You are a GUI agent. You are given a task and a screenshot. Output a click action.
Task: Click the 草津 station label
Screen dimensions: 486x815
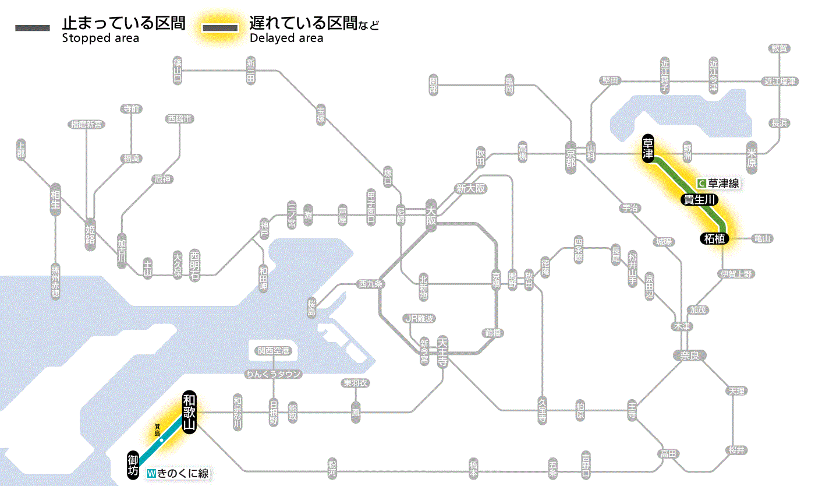(648, 149)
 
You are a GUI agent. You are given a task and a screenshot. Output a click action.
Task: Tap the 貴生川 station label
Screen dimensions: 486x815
(699, 200)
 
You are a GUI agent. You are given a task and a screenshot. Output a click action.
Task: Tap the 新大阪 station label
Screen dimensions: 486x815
(471, 188)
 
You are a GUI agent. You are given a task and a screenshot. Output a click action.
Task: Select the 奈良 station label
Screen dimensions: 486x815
(689, 355)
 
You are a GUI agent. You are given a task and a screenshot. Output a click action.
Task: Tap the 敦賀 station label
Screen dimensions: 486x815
(779, 48)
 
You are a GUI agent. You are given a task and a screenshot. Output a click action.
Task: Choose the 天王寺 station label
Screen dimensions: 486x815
(442, 351)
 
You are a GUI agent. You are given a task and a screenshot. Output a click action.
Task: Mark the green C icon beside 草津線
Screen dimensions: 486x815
(701, 183)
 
